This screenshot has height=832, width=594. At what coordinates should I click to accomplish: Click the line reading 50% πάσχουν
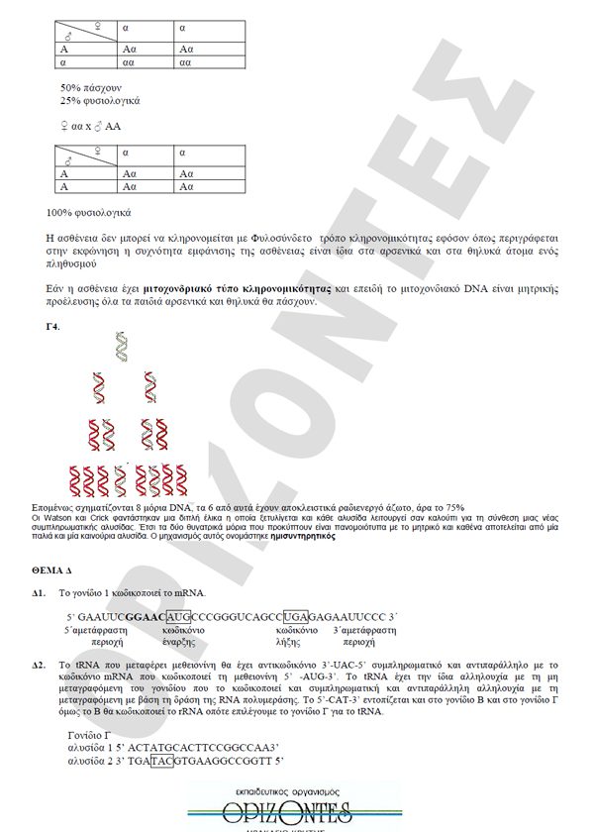click(89, 88)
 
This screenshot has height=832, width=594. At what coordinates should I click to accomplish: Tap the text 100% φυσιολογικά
click(89, 213)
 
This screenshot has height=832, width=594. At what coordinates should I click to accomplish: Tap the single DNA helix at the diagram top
click(121, 346)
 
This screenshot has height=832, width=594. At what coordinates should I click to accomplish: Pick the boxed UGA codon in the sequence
click(295, 615)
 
